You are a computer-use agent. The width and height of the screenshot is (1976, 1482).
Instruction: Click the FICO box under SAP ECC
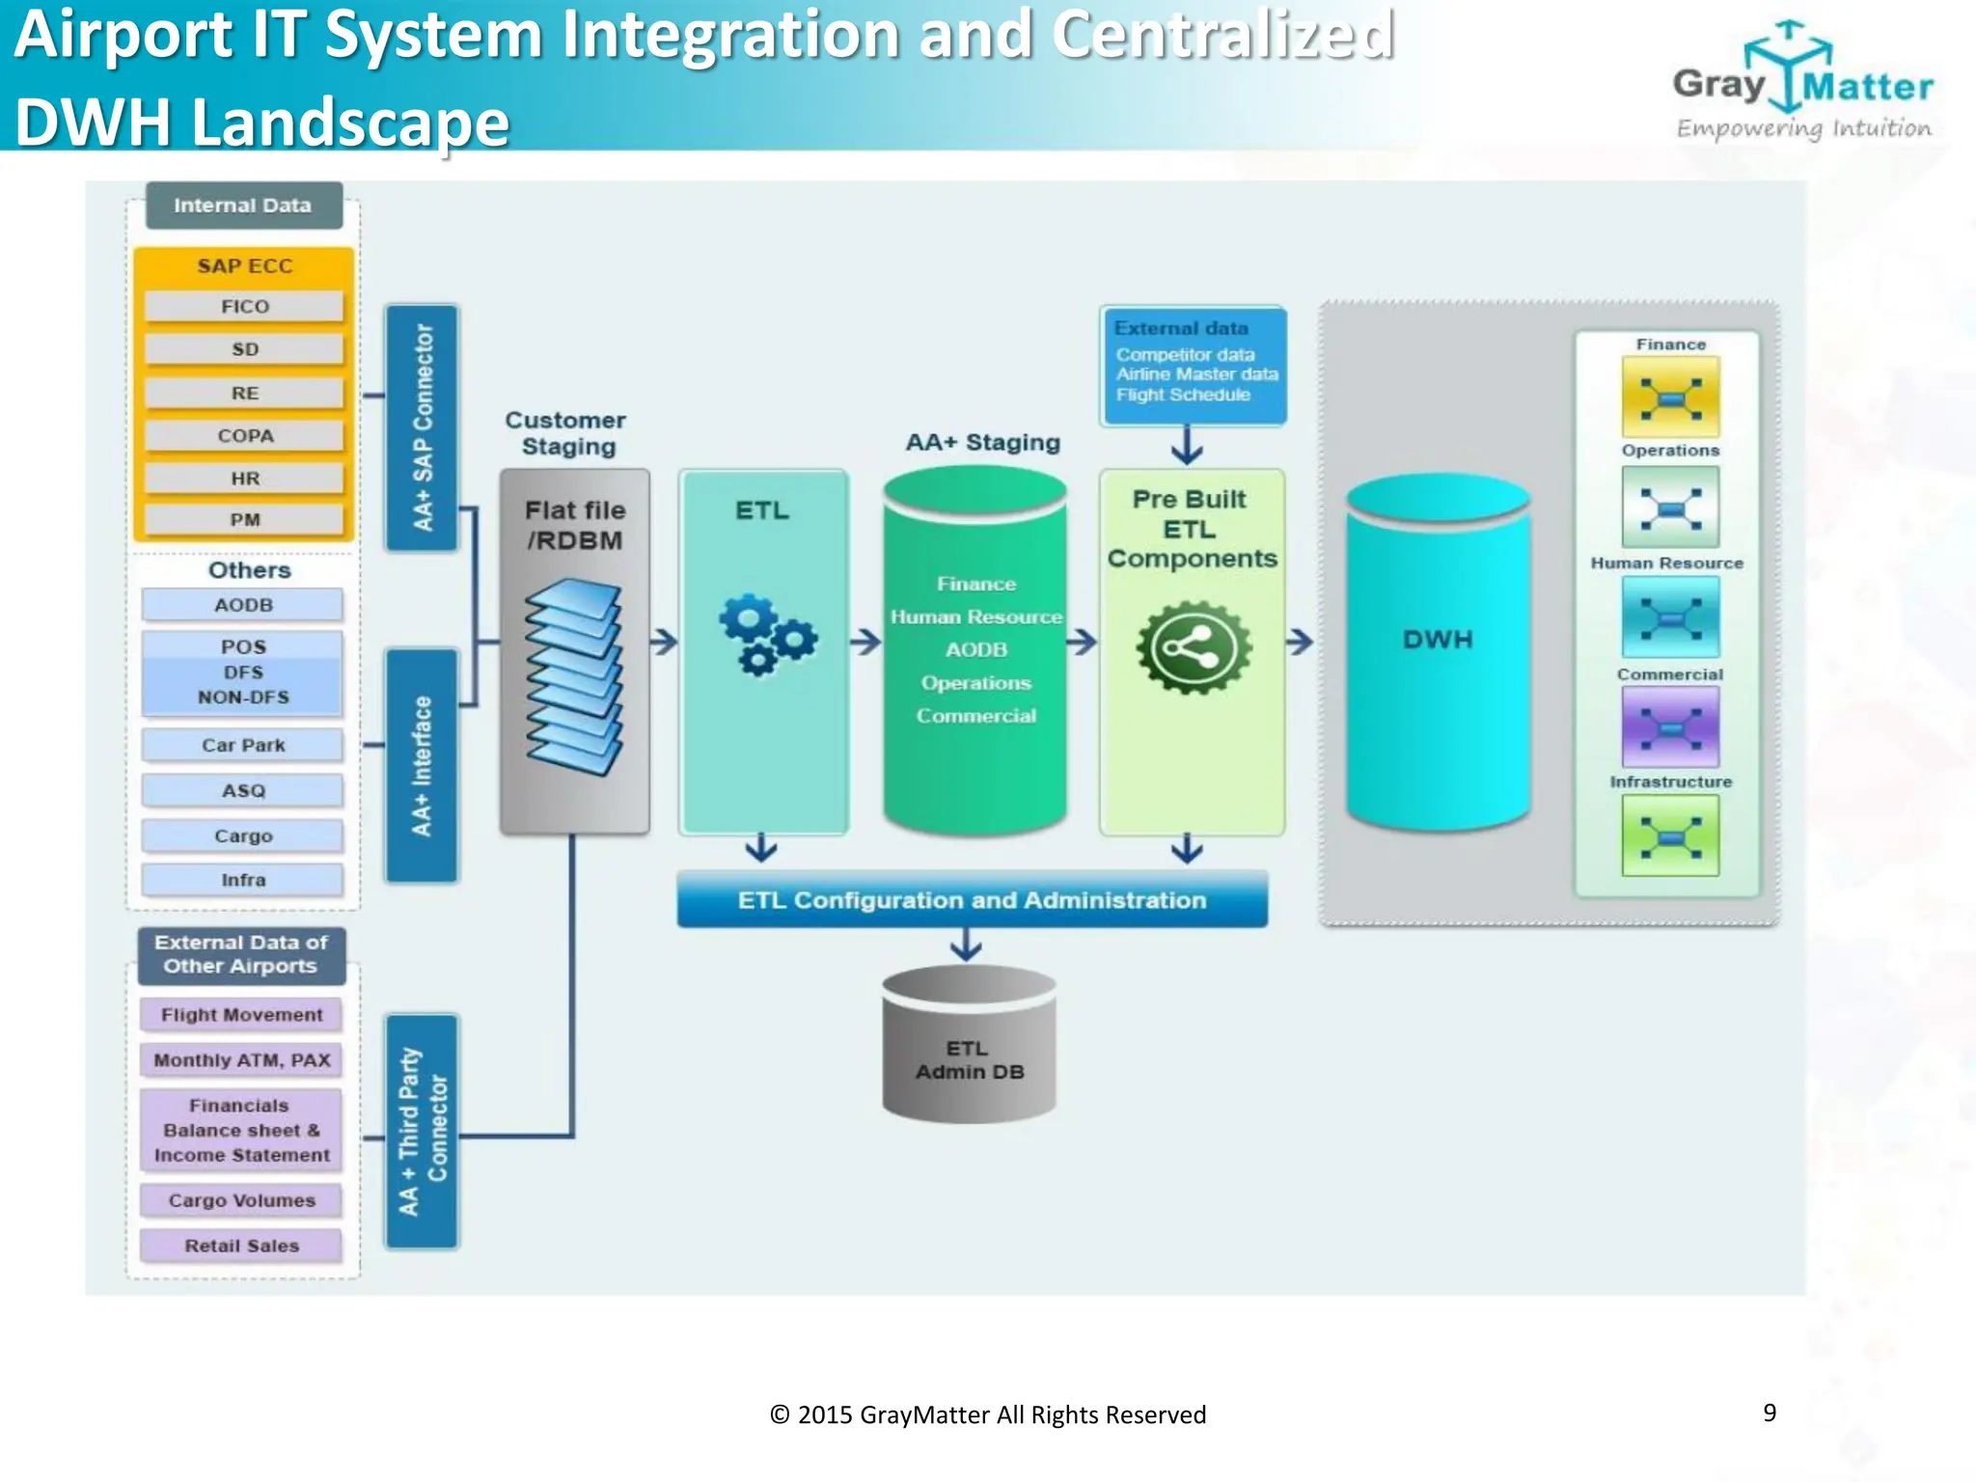(244, 307)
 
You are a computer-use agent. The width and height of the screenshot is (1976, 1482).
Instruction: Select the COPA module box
(244, 436)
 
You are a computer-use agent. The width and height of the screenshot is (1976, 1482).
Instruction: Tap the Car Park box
(243, 745)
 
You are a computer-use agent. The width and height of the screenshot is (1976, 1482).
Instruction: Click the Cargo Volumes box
(241, 1200)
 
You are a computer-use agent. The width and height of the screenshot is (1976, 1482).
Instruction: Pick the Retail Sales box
(241, 1246)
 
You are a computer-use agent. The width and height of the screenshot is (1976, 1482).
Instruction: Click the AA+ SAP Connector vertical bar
(423, 427)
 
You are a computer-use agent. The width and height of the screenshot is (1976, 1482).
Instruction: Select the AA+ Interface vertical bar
(422, 765)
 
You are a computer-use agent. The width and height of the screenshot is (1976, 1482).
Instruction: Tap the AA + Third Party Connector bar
(422, 1131)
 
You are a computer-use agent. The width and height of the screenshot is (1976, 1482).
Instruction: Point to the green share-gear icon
(1194, 647)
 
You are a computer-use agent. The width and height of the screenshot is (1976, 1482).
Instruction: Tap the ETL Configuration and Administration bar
(972, 900)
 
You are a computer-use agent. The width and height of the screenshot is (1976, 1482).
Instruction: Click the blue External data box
(1194, 366)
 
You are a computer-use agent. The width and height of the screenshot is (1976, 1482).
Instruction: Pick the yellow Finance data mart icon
(1670, 398)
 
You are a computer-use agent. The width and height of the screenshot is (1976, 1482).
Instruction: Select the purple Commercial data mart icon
(1670, 727)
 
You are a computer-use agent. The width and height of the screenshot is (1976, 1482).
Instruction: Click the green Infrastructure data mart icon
(1670, 836)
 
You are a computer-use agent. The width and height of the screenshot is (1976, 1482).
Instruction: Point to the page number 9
(1770, 1413)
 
